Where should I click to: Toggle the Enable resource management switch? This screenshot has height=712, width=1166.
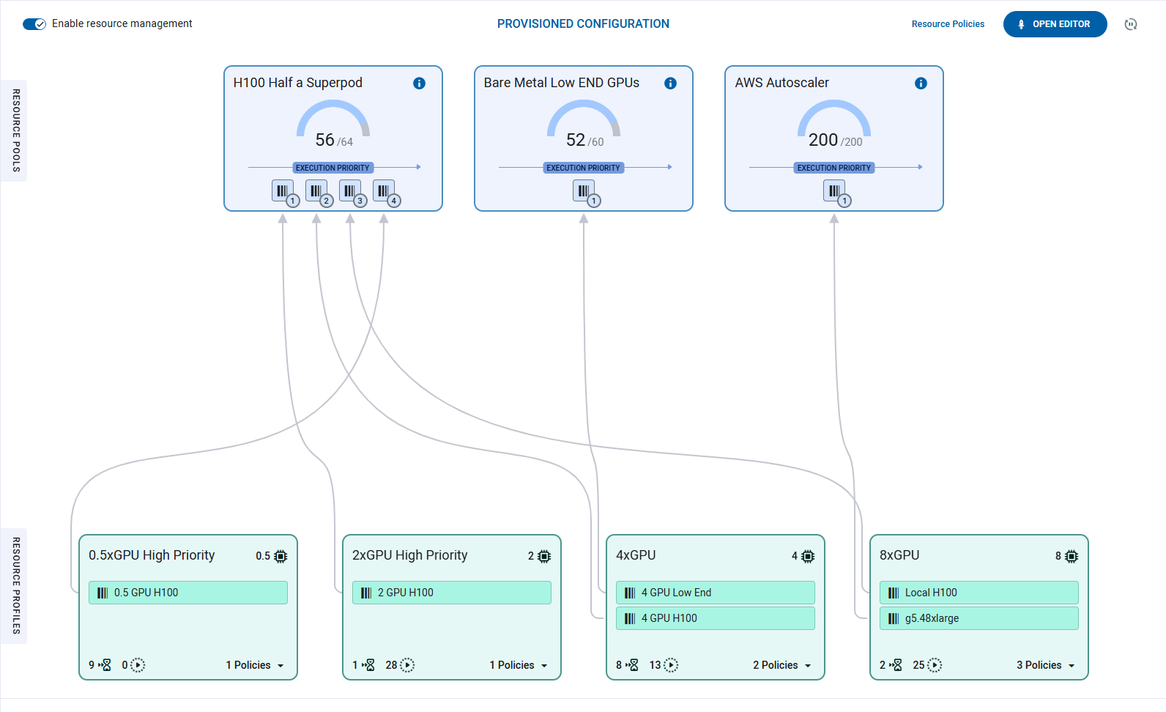34,24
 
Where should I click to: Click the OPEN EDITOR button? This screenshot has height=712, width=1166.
1055,24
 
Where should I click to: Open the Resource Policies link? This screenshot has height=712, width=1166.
948,24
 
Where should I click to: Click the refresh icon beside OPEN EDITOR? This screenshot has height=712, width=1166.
1131,24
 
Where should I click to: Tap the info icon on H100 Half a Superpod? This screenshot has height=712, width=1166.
419,84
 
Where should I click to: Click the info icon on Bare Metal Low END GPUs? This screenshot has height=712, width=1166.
670,84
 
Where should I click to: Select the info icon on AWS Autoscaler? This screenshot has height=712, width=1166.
921,84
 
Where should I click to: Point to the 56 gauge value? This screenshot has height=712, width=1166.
324,139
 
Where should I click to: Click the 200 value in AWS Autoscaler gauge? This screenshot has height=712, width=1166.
823,139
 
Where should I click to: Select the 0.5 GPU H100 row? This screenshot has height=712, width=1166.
188,593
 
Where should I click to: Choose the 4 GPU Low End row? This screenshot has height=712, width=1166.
716,593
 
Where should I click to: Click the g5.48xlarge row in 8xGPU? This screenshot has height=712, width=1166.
979,618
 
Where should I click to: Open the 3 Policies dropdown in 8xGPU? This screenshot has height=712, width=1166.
1045,665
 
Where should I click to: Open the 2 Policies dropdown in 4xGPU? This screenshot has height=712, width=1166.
781,665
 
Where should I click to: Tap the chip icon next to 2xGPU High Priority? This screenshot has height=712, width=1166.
544,557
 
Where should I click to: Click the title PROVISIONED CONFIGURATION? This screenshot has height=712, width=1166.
583,24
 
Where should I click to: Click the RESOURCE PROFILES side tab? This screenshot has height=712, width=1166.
16,585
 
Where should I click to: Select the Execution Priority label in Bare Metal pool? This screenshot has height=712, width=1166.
583,168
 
